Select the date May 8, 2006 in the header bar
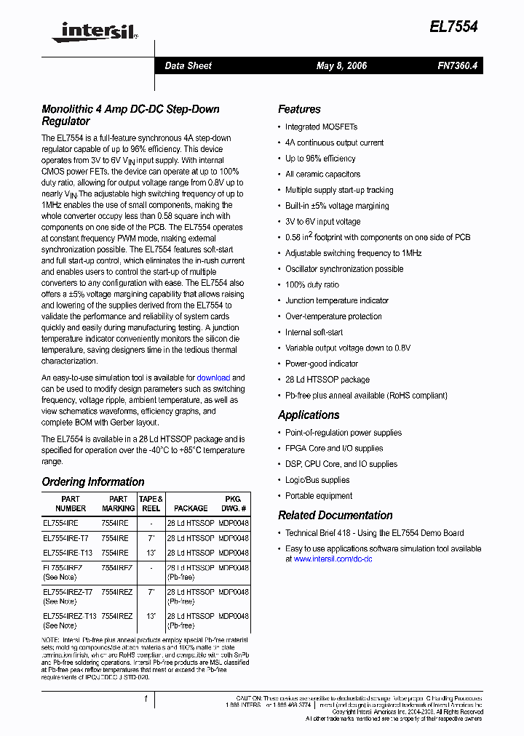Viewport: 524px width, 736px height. click(341, 65)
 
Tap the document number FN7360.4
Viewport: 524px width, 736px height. click(458, 65)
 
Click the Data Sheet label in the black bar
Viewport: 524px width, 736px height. click(188, 65)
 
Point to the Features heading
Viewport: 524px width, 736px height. click(299, 109)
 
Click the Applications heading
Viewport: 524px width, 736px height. click(309, 415)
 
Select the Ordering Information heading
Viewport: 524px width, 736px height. click(92, 481)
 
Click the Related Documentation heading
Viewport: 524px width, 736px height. click(335, 515)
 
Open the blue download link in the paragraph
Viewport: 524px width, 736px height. click(213, 377)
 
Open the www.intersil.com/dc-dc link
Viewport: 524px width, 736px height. click(333, 559)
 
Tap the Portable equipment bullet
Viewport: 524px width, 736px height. click(318, 496)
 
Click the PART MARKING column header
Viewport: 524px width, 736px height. click(118, 503)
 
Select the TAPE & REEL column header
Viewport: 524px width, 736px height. click(151, 503)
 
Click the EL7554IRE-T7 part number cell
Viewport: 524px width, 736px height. click(65, 538)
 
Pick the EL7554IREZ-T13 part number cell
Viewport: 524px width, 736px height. click(69, 615)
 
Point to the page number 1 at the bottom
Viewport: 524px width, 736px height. click(146, 699)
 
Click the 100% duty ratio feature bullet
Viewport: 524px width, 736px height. click(311, 285)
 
